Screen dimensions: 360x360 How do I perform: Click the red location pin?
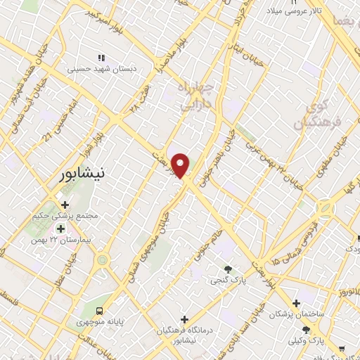(181, 165)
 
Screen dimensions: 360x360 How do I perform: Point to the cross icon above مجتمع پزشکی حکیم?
(65, 205)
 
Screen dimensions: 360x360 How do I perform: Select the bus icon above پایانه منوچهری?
(101, 310)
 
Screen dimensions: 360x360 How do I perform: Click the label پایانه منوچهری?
(101, 323)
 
